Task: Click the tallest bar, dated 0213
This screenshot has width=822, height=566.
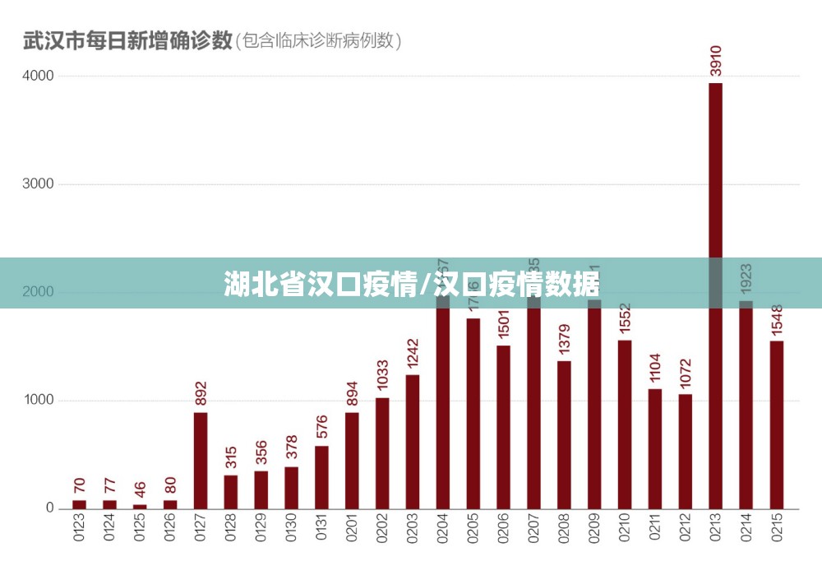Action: click(x=715, y=206)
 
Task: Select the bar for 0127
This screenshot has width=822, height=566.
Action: click(x=201, y=460)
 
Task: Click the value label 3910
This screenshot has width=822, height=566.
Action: click(x=716, y=61)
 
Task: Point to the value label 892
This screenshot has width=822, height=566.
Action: click(x=201, y=394)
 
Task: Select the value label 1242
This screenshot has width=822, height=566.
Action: click(x=413, y=355)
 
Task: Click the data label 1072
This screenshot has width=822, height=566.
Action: click(x=686, y=375)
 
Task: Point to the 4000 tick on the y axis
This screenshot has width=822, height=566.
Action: click(x=38, y=76)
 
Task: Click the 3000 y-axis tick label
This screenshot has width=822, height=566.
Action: click(x=38, y=184)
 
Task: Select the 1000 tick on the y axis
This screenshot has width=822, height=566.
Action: click(x=38, y=401)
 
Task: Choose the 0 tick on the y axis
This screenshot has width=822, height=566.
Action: click(x=49, y=508)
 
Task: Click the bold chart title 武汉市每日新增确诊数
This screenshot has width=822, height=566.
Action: click(x=127, y=39)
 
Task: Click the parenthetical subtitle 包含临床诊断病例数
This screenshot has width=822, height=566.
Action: click(x=319, y=39)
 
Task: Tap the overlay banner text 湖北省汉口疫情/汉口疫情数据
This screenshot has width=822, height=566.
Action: click(x=411, y=285)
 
